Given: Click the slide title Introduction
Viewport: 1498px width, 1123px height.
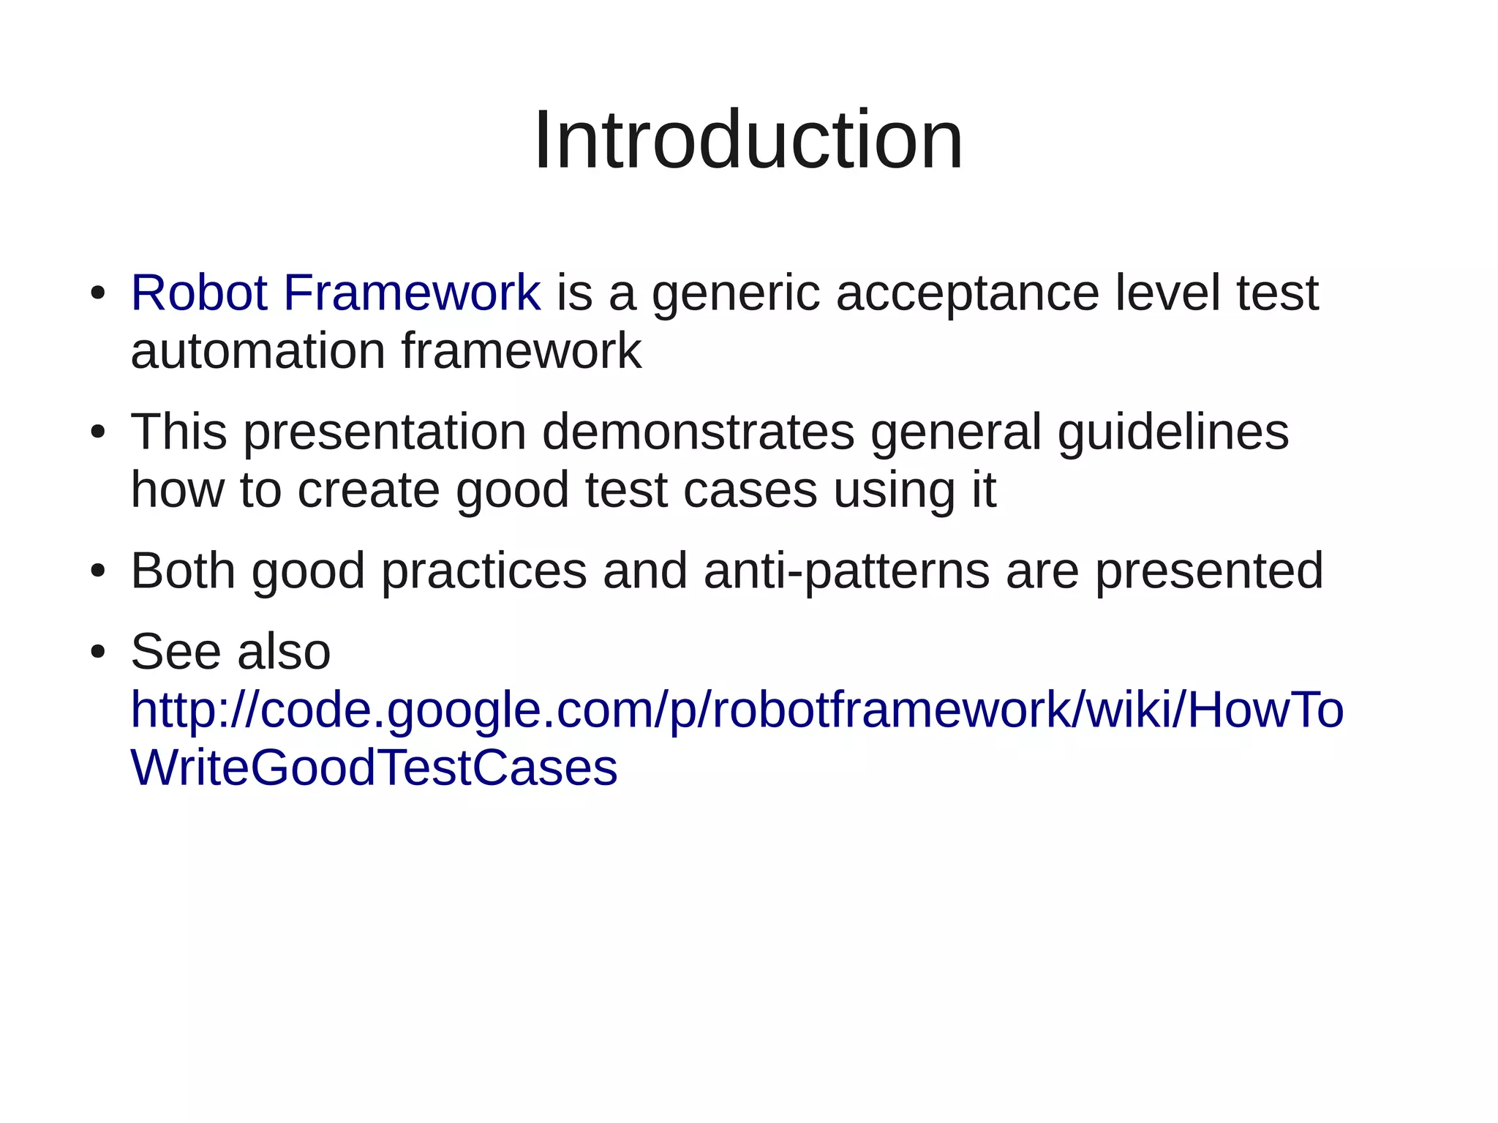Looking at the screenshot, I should point(748,140).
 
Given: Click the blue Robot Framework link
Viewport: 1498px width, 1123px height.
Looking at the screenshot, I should point(335,293).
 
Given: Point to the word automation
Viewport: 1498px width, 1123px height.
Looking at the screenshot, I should point(257,351).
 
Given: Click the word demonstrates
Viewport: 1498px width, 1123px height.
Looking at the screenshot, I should point(698,432).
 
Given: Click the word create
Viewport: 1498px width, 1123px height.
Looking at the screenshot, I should point(368,490).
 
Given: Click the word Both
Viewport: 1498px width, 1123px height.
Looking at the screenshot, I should point(183,571).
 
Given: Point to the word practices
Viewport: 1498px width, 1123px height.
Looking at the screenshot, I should point(483,572).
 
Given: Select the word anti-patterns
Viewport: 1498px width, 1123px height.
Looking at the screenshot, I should point(846,572).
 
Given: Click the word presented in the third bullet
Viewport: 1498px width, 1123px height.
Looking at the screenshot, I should point(1208,572).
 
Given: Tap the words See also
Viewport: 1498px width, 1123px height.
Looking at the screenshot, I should point(230,651).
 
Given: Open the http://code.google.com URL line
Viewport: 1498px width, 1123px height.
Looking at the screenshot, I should point(737,710).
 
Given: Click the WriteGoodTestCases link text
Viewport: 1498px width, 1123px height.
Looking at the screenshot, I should point(374,768).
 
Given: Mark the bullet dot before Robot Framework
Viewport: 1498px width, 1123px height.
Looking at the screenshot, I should point(98,294).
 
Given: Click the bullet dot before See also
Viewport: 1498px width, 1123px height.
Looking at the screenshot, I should point(98,653).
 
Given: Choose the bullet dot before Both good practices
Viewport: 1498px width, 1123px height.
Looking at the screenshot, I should point(98,572).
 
